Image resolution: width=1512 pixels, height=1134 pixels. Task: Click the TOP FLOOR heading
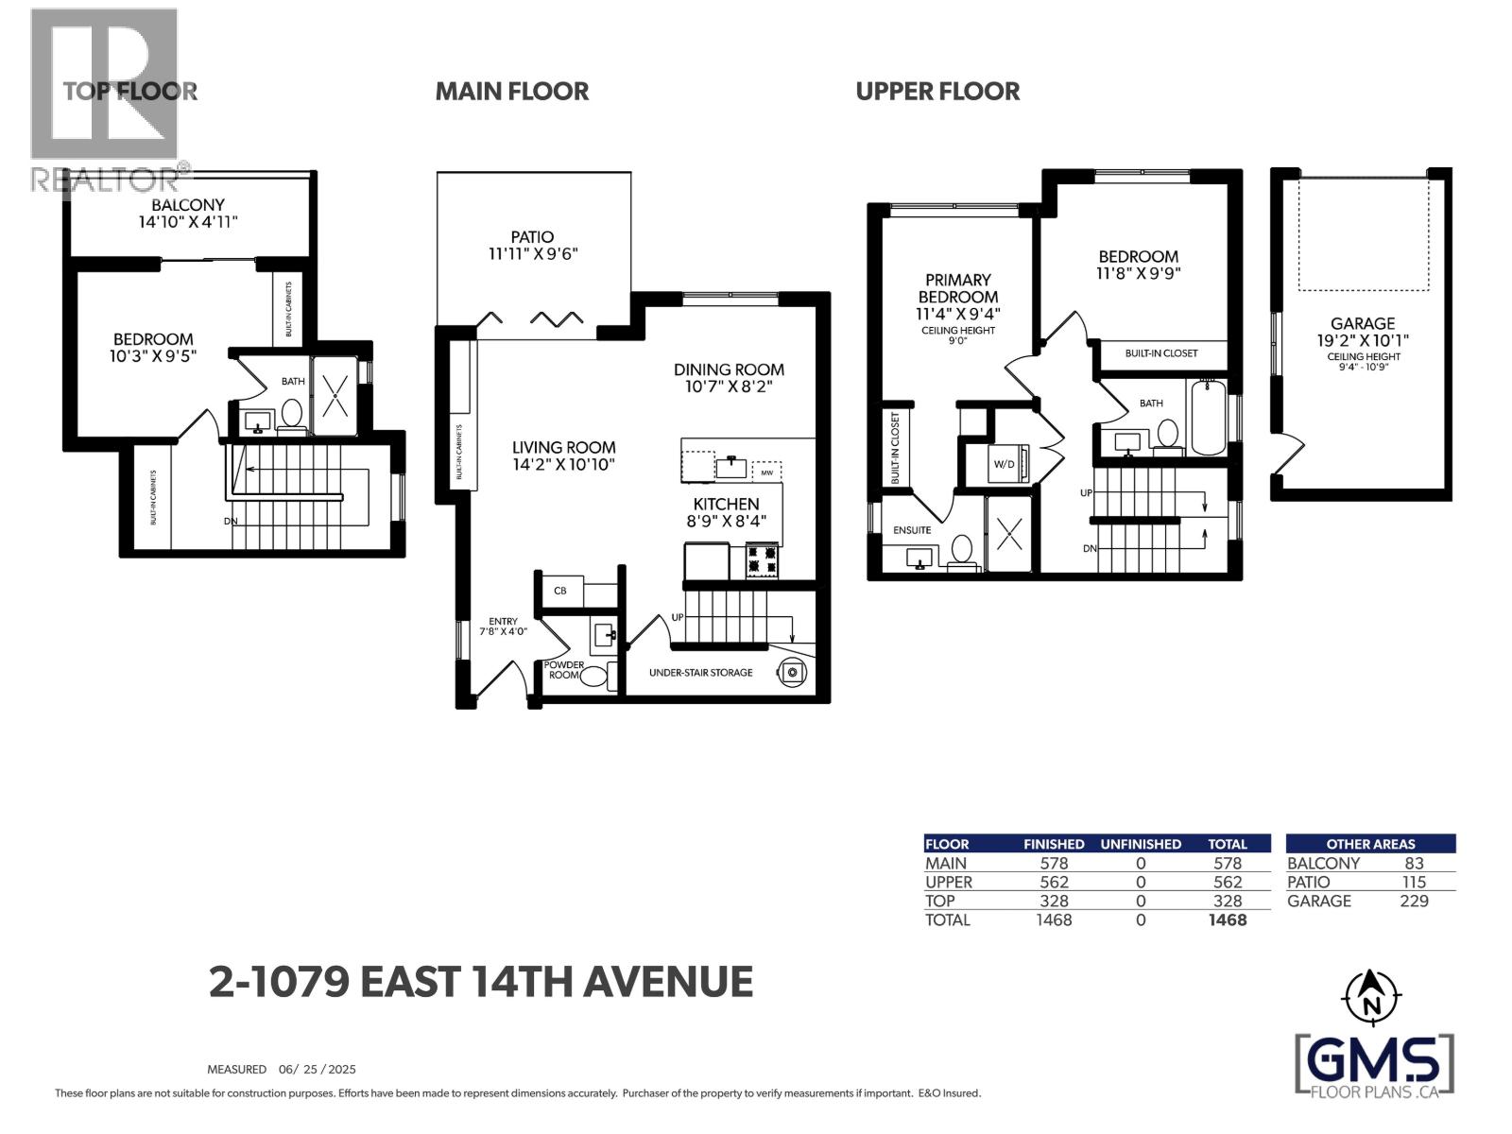coord(130,91)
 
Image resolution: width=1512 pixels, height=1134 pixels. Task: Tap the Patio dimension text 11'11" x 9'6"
coord(532,254)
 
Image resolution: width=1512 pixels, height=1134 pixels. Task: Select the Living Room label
coord(563,447)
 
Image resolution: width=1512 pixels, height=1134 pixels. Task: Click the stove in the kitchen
coord(763,559)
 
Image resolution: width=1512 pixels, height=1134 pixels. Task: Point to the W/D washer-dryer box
coord(1005,464)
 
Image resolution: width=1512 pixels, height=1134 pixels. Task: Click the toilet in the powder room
coord(593,677)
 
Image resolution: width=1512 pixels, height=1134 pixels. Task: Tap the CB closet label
coord(560,591)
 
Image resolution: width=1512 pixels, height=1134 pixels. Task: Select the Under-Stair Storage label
coord(700,673)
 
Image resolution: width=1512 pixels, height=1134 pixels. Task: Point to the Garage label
coord(1362,323)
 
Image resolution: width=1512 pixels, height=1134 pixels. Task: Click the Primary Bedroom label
coord(957,288)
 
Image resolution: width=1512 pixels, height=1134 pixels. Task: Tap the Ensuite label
coord(912,530)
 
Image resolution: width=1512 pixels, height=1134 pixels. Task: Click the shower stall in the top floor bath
coord(335,397)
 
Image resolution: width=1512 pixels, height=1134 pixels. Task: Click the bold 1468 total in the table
coord(1227,920)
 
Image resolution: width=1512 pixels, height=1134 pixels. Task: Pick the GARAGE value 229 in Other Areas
coord(1414,902)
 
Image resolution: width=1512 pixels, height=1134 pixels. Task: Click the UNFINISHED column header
coord(1141,844)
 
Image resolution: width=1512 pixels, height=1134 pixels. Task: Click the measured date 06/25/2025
coord(317,1070)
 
